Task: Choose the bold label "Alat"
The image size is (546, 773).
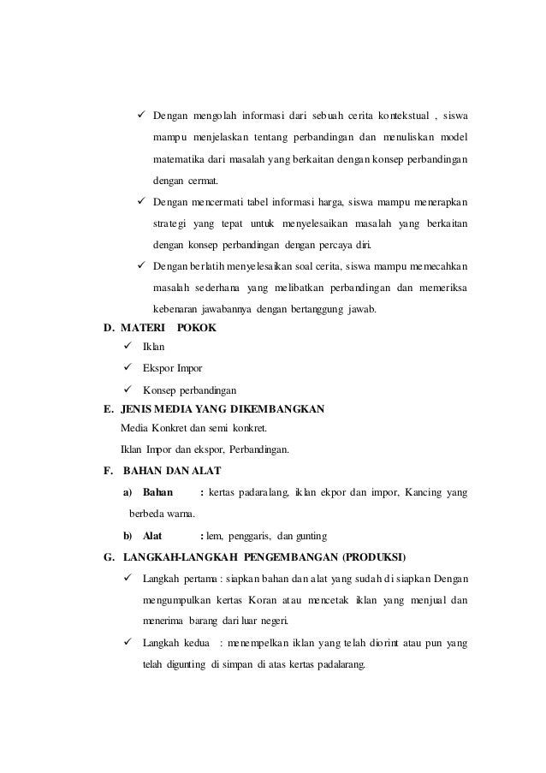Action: [153, 537]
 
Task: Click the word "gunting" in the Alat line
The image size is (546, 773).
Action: [310, 537]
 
